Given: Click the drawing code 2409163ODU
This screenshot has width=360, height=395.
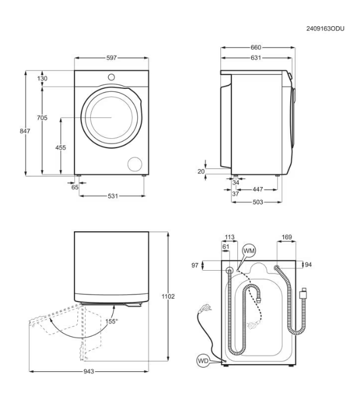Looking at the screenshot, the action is pos(325,28).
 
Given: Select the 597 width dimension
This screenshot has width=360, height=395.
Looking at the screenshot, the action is pos(111,58).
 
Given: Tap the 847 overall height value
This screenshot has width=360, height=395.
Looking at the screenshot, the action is pos(25,131).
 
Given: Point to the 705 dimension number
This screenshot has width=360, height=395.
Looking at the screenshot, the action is pos(42,118).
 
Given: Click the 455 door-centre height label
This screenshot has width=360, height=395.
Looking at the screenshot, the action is pos(60,148).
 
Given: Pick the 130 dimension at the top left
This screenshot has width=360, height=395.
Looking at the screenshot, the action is pos(42,78).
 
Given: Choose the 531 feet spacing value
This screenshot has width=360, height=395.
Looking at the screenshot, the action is pos(113,196).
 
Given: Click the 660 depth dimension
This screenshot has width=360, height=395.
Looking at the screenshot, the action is pos(255,48).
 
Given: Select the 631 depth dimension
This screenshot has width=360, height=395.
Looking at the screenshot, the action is pos(255,58).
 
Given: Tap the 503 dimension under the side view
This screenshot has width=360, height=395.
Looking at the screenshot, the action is pos(258,202).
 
